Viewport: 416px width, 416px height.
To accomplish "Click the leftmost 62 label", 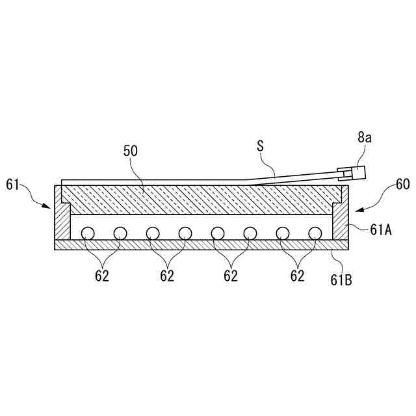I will click(101, 276).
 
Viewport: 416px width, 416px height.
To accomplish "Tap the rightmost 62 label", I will click(297, 276).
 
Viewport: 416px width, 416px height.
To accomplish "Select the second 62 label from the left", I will click(167, 276).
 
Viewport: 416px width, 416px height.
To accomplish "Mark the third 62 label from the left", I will click(231, 276).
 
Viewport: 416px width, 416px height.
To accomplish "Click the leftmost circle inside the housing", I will click(87, 232).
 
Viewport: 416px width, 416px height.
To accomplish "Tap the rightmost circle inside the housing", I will click(315, 232).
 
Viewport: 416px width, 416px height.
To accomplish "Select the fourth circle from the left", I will click(185, 232).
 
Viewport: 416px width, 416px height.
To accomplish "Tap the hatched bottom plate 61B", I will click(201, 244).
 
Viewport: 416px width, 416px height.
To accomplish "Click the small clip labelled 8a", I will click(354, 173).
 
